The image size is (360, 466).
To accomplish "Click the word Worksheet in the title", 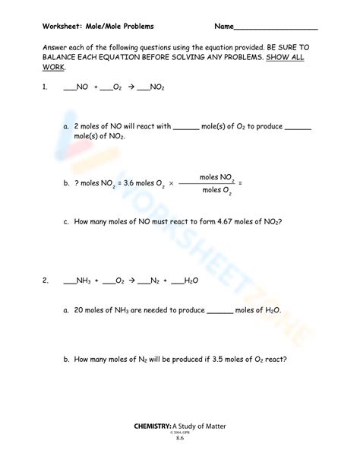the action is tap(62, 27).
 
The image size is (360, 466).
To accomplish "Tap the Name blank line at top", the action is tap(276, 29).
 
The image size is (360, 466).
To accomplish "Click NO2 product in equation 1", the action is tap(156, 88).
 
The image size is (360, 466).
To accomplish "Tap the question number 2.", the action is tap(46, 281).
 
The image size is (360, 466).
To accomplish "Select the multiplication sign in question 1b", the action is tap(171, 183).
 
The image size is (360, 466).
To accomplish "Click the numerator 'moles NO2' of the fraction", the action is tap(216, 176).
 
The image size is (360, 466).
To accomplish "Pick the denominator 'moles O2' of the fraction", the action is tap(216, 191).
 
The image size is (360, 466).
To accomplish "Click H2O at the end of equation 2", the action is tap(191, 281).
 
